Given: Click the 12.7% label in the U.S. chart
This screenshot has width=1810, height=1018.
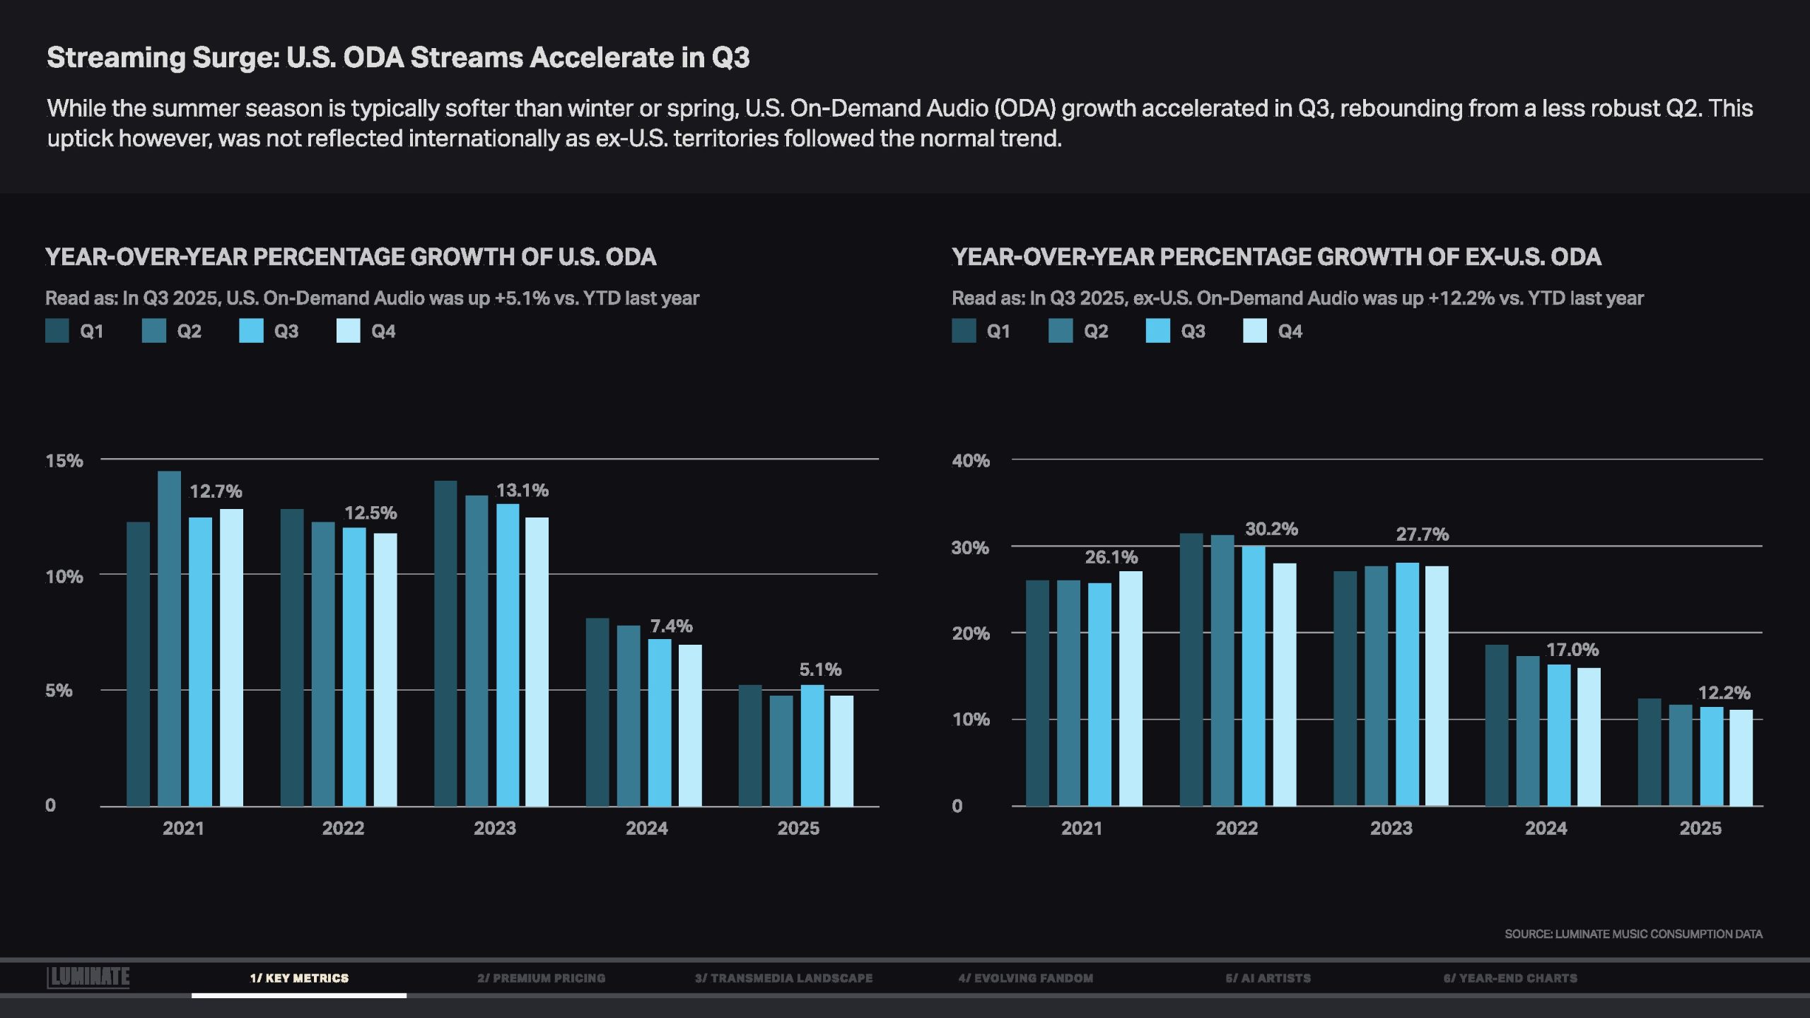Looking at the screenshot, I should (x=216, y=491).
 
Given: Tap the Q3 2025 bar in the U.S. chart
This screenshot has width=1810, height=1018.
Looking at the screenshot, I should (x=812, y=745).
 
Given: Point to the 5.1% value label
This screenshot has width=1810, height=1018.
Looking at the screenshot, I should (x=820, y=669).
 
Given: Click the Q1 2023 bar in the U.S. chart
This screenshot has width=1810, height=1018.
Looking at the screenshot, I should (x=445, y=643).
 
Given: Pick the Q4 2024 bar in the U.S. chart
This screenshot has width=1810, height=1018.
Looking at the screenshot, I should (x=690, y=725).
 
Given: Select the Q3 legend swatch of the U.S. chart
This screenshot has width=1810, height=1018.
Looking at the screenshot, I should (x=251, y=331).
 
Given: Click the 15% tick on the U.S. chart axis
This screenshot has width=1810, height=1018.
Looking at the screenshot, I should (x=64, y=461).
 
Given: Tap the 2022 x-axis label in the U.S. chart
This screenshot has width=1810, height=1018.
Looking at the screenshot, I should (x=343, y=828).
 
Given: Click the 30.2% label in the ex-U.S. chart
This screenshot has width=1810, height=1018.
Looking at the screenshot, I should (x=1271, y=529).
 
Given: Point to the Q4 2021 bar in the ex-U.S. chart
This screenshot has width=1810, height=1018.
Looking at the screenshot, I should (x=1131, y=689).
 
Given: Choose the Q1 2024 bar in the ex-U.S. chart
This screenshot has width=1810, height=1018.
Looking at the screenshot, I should (x=1497, y=725).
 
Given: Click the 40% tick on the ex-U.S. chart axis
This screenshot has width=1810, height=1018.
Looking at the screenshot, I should (x=971, y=461).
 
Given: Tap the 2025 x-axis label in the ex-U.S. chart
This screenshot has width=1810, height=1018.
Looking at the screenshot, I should (x=1700, y=828).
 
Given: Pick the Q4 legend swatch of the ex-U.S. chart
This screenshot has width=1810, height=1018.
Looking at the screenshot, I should (x=1255, y=331).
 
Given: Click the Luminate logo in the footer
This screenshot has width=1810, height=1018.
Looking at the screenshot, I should (x=88, y=977).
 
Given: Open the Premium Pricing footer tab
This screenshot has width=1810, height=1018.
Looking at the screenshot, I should (x=541, y=978).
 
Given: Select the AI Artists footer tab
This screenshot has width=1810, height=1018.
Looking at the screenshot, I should (x=1268, y=978).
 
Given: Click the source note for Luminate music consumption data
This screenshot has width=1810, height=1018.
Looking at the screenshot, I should (x=1633, y=934).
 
